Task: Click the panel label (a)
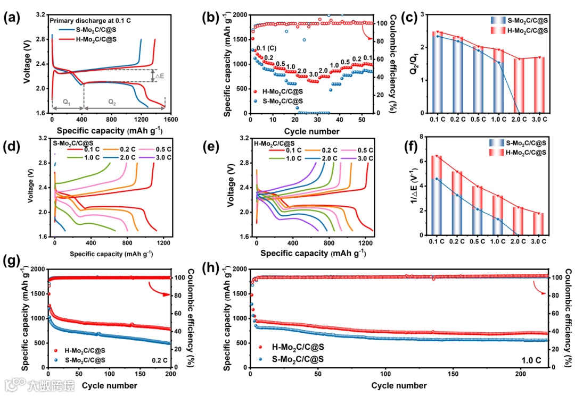pos(11,17)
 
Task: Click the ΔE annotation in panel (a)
pos(159,76)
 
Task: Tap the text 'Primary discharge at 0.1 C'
pos(90,20)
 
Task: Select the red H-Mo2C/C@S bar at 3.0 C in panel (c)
pos(539,85)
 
